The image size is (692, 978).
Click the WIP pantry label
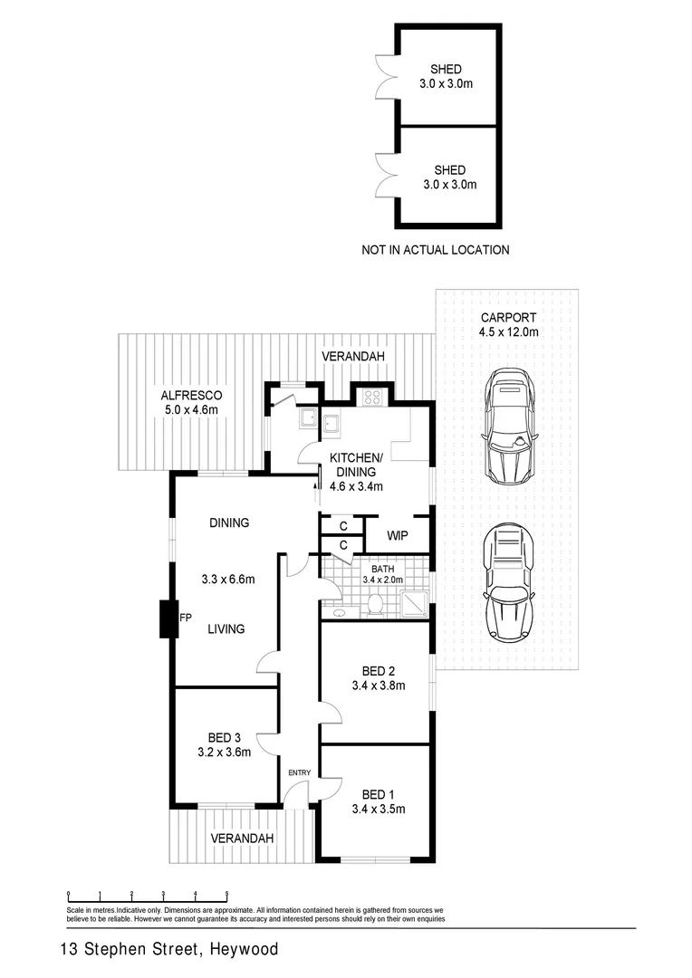[x=397, y=535]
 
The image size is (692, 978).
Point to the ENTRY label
[x=299, y=772]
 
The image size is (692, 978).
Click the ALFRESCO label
[x=191, y=396]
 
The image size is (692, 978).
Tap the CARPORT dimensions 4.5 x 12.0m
[x=508, y=332]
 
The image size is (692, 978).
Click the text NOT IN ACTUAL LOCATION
[x=435, y=250]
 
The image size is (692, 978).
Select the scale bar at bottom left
[x=147, y=896]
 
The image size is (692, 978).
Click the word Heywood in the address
[x=244, y=950]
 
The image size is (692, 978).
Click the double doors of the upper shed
[x=385, y=74]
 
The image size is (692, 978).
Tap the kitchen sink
[x=332, y=421]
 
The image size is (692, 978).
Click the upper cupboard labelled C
[x=343, y=525]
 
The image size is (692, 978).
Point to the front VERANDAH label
[x=242, y=839]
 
